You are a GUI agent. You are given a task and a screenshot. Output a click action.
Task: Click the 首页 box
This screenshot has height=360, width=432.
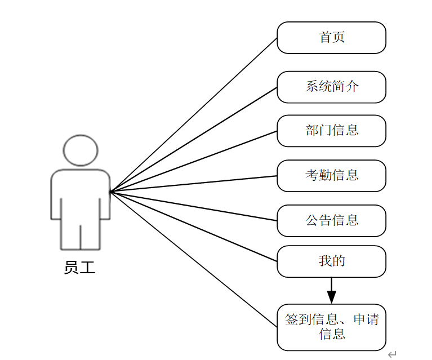point(331,38)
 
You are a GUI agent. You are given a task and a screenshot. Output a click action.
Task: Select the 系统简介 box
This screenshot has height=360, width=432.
point(331,87)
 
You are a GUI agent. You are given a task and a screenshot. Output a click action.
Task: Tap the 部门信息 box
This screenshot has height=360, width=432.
point(331,131)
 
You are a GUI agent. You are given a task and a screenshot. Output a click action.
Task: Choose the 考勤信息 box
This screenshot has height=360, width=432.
point(331,175)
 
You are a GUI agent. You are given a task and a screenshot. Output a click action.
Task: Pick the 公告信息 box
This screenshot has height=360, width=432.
point(331,220)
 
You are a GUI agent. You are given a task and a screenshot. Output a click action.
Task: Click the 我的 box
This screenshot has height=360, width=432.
point(331,261)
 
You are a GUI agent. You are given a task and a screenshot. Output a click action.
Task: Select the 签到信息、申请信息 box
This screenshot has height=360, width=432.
point(331,327)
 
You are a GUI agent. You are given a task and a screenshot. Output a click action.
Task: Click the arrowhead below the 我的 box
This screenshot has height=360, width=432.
point(331,297)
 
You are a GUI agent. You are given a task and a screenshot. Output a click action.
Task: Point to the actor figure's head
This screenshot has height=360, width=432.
point(81,150)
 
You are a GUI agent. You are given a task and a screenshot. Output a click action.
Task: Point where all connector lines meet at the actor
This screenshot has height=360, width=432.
point(111,192)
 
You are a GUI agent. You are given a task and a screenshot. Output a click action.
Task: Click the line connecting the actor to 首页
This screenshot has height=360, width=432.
point(194,115)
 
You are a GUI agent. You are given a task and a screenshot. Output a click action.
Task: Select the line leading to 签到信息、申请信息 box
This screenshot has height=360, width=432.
point(194,259)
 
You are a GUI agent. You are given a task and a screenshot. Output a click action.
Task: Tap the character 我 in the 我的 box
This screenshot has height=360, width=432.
point(325,261)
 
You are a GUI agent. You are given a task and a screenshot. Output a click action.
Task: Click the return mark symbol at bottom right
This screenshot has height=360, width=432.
point(392,354)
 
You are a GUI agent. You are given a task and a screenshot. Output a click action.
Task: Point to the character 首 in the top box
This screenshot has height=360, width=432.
point(325,38)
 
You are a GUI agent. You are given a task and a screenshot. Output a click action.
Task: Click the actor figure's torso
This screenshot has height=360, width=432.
point(81,194)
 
